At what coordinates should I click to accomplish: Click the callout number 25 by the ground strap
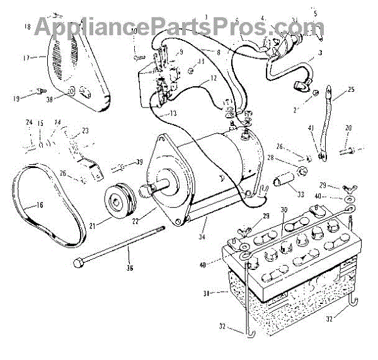[x=351, y=90]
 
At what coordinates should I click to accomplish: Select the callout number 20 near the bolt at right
[x=348, y=128]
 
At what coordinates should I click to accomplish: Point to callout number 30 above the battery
[x=283, y=210]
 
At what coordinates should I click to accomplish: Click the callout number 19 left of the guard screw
[x=16, y=98]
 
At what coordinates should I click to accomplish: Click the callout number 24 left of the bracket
[x=28, y=122]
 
